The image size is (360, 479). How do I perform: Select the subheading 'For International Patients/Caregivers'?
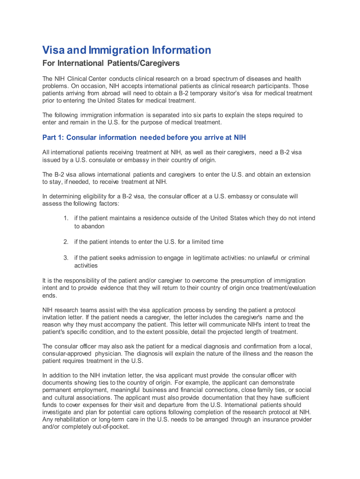(x=111, y=63)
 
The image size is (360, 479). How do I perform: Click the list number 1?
(x=66, y=218)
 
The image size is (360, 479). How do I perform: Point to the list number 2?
(x=66, y=242)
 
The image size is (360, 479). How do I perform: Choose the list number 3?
(x=66, y=258)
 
